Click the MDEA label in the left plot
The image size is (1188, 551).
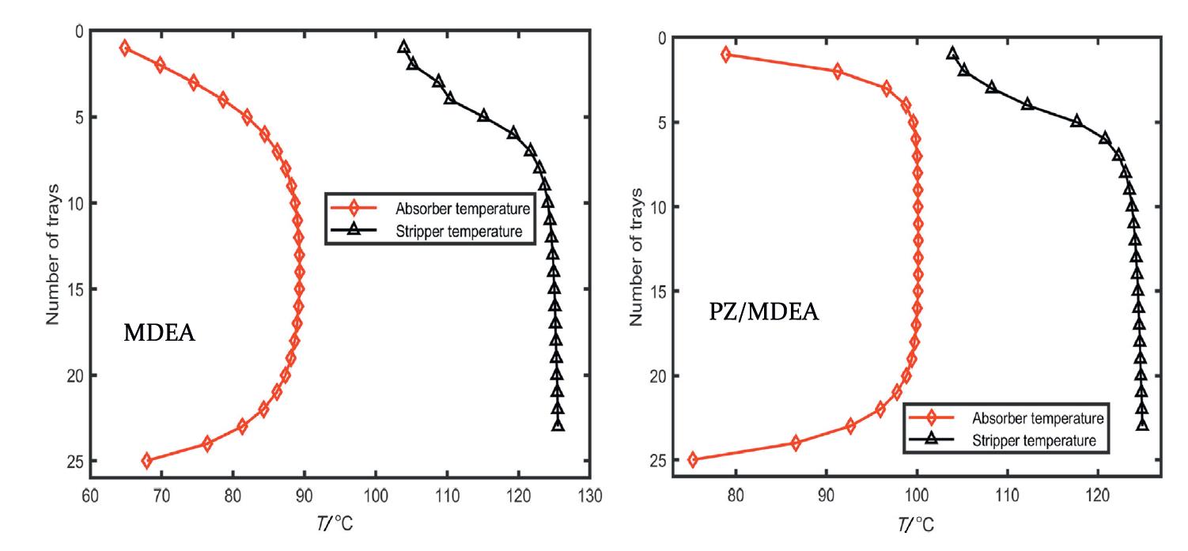click(x=159, y=334)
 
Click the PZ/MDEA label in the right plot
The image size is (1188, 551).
click(x=763, y=313)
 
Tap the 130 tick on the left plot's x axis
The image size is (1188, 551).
click(x=590, y=496)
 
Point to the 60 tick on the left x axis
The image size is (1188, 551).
click(x=90, y=496)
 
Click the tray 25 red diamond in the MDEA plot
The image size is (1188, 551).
click(x=146, y=461)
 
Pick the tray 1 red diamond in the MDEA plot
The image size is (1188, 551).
click(x=124, y=48)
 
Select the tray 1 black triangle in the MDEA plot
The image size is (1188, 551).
click(x=403, y=47)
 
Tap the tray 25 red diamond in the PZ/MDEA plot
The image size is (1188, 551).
click(x=693, y=460)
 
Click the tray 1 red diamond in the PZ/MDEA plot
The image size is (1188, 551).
click(x=726, y=55)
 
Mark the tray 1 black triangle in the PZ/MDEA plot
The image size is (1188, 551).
click(x=952, y=54)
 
